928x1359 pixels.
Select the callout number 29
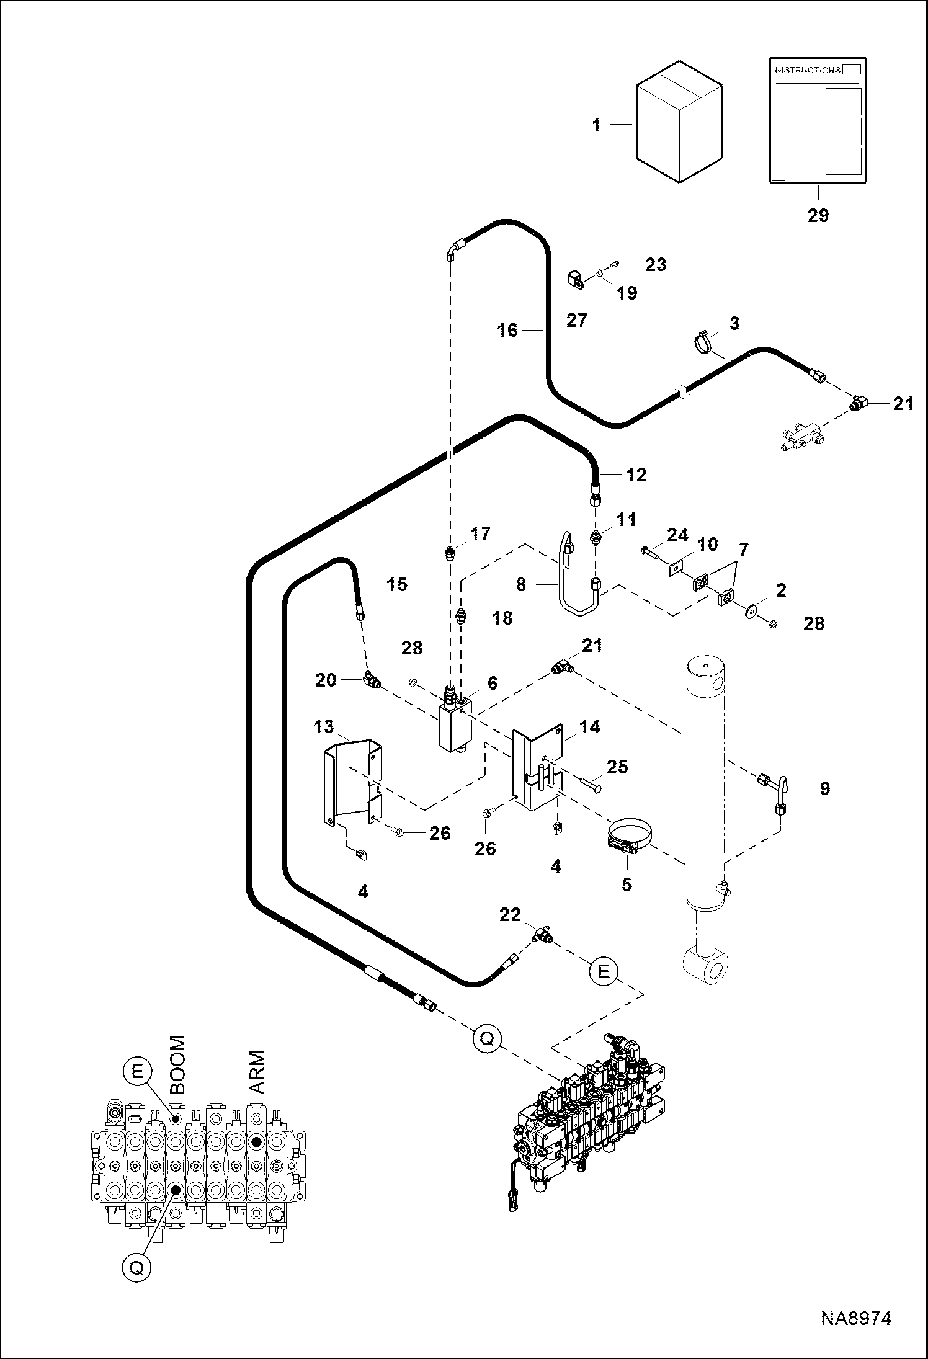coord(818,216)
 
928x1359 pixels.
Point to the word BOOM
coord(177,1064)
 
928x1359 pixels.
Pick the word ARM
coord(256,1072)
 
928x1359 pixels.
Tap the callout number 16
coord(507,330)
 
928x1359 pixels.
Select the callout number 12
coord(636,475)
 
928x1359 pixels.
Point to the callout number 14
coord(589,726)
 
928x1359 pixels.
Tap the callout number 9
coord(824,789)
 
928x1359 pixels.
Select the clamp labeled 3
coord(705,343)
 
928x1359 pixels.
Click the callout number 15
coord(397,584)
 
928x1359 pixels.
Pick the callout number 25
coord(618,767)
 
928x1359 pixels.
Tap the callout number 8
coord(521,584)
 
